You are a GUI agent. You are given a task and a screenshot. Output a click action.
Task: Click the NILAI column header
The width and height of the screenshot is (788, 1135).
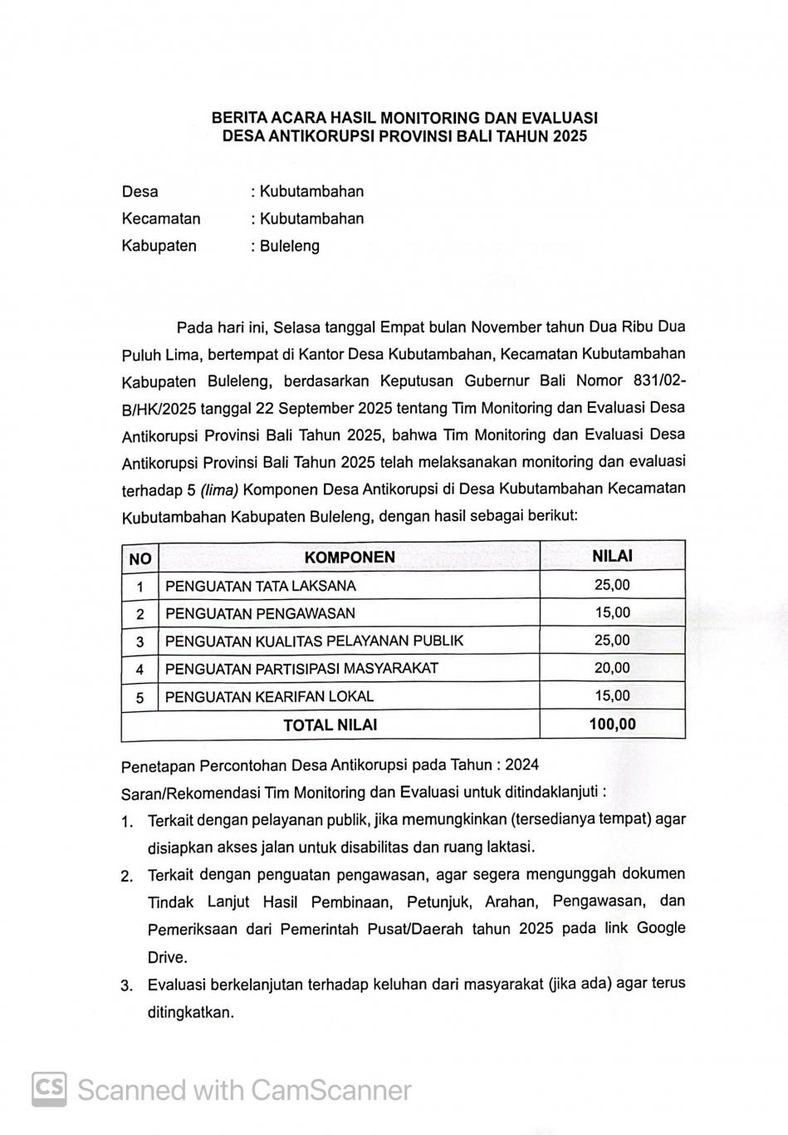612,556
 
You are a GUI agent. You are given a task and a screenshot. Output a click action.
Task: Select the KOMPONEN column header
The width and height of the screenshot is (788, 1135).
350,558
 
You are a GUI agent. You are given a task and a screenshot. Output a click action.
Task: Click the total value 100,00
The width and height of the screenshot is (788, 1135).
612,724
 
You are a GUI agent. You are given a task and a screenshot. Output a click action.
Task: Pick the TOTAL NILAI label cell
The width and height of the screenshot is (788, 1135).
330,725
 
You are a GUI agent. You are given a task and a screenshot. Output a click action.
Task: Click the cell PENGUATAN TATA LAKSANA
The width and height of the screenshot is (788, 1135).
261,586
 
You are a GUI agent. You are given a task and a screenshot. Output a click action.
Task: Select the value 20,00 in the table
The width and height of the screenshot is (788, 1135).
612,668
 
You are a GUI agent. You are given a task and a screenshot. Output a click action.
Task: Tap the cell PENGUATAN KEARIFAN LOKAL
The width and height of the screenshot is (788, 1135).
269,696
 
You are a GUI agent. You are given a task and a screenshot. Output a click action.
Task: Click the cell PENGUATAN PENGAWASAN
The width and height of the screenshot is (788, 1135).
260,613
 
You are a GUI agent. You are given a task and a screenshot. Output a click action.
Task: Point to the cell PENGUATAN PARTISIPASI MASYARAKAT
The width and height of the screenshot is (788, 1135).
301,668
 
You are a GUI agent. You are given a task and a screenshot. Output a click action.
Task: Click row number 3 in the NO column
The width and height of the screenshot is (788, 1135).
140,641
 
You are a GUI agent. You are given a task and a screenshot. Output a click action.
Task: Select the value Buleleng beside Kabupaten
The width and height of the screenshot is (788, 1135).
289,246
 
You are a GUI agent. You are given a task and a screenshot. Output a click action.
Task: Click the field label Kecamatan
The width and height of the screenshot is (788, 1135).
161,219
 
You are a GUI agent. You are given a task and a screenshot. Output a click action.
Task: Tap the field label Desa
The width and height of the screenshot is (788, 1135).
139,192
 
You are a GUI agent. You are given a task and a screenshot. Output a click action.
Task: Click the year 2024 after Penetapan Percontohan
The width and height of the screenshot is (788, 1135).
521,764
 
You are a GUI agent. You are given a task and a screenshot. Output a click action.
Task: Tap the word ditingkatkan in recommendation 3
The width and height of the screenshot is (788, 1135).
190,1012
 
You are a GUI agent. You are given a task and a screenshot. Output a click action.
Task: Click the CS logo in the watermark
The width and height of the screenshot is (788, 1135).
50,1088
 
